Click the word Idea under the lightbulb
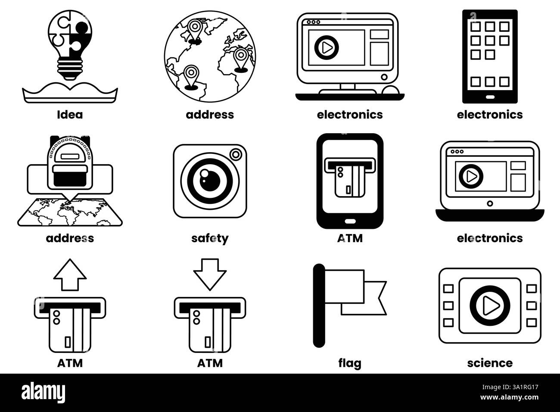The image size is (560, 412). pos(70,115)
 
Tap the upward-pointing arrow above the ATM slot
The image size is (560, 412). pos(70,275)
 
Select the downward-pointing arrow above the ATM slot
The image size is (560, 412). pos(210,275)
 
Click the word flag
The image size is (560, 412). pos(350,363)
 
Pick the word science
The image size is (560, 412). pos(490,363)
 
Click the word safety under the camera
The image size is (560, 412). pos(210,238)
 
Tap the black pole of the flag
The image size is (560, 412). pos(319,306)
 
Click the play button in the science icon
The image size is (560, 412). pos(490,306)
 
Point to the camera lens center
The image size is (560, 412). pos(210,181)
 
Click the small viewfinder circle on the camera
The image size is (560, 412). pos(236,155)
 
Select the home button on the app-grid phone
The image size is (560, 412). pos(490,97)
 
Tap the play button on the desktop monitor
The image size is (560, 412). pos(327,48)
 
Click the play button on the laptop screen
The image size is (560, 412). pos(471,176)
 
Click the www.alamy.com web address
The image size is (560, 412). pos(509,397)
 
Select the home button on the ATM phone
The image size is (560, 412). pos(350,222)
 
